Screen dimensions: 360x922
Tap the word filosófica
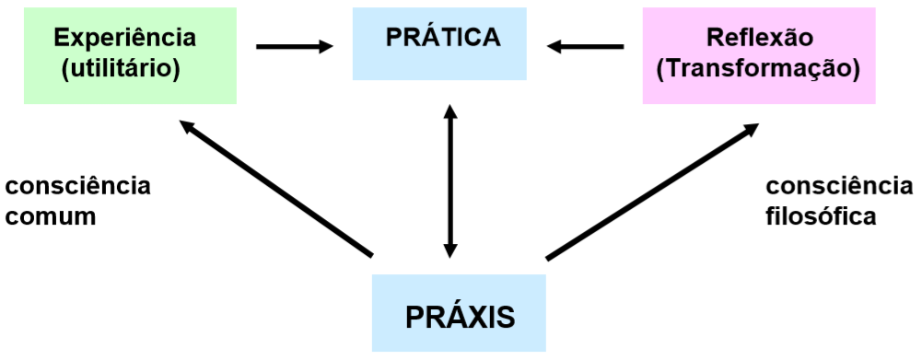click(821, 217)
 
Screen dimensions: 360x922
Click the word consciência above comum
click(77, 186)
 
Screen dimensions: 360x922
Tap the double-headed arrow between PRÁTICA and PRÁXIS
click(449, 180)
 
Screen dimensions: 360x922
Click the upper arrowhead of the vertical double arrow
click(449, 112)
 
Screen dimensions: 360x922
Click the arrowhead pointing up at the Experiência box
click(186, 126)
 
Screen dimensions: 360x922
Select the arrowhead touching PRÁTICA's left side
click(326, 45)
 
